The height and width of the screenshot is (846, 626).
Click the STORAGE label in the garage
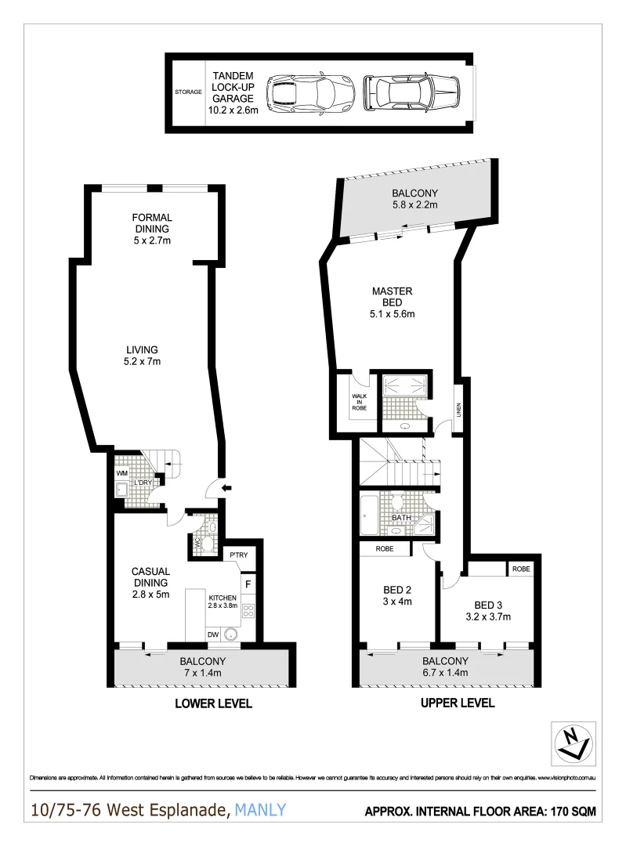[x=188, y=92]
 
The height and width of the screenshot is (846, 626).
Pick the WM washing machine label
[x=121, y=474]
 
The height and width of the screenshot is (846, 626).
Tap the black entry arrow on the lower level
[x=226, y=489]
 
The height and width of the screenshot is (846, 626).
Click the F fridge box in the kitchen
[x=248, y=584]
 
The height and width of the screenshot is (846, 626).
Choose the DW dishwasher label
[x=212, y=634]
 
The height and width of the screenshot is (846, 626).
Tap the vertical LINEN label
[x=458, y=410]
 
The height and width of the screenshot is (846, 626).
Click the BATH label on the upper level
[x=401, y=518]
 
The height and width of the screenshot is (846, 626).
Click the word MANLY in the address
[x=262, y=810]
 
